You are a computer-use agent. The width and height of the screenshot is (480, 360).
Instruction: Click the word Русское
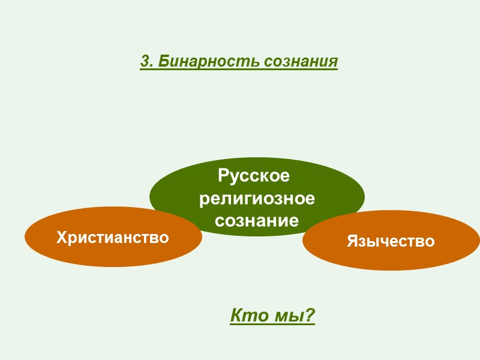[254, 176]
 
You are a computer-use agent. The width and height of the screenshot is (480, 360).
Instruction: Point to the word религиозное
[257, 199]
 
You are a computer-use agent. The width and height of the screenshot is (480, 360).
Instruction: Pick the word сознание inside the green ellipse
[257, 220]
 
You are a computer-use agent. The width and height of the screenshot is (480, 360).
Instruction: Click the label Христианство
[113, 238]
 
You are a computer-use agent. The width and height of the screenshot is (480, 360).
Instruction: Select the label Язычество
[391, 241]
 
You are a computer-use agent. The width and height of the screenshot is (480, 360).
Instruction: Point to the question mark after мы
[310, 315]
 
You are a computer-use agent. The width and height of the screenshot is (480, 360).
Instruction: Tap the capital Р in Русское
[223, 176]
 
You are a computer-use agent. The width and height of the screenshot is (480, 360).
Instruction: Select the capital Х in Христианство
[61, 238]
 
